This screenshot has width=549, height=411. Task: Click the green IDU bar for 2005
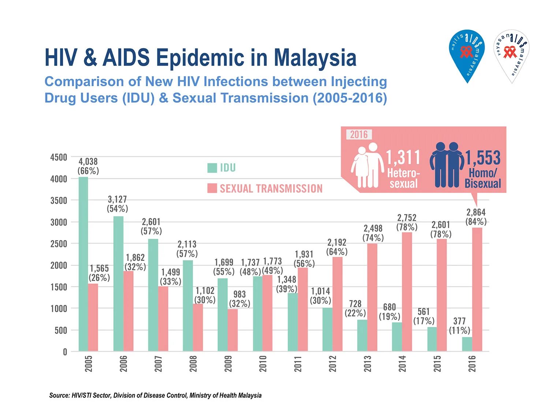[83, 264]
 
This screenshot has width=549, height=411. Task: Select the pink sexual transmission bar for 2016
[477, 289]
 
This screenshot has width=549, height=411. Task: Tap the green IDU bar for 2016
[467, 344]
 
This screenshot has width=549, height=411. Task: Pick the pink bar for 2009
[233, 330]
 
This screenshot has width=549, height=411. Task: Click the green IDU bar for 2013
[362, 335]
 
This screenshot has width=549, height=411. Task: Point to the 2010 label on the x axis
[263, 364]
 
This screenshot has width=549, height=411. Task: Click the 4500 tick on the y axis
[59, 157]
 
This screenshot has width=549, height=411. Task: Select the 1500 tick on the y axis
[59, 287]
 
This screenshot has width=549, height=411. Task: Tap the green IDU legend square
[212, 168]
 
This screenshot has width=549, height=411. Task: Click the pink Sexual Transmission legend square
[212, 189]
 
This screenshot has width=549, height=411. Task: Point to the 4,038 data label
[88, 161]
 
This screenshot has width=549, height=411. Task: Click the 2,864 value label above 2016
[476, 213]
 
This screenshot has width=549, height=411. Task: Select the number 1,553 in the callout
[483, 158]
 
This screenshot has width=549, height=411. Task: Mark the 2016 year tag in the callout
[359, 135]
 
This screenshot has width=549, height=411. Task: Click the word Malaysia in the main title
[315, 58]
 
